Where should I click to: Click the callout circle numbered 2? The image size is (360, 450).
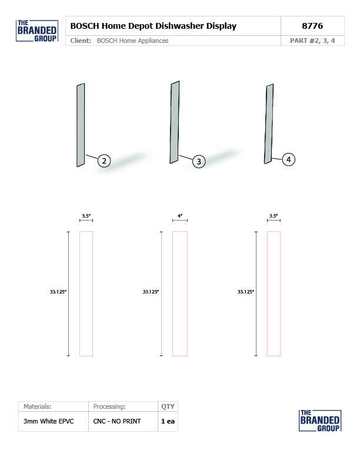(104, 161)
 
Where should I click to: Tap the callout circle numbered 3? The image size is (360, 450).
(199, 162)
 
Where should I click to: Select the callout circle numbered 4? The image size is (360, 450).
(288, 159)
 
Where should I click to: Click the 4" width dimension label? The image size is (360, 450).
(180, 216)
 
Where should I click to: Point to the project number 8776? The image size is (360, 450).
(312, 26)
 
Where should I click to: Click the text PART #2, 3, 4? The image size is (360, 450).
(312, 41)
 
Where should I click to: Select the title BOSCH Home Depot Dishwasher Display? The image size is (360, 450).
(154, 26)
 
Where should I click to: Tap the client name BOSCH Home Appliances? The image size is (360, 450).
(132, 41)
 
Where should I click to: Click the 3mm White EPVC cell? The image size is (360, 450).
(48, 421)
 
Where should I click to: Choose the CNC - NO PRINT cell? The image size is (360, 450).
(117, 421)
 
